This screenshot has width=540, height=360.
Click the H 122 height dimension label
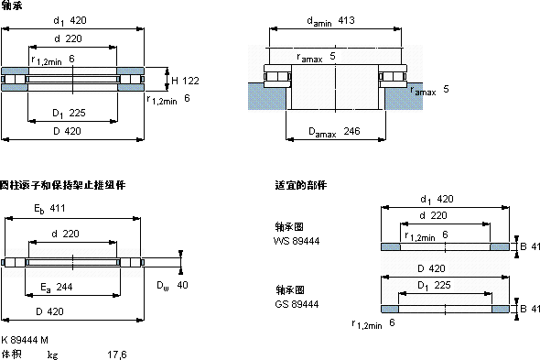(x=185, y=81)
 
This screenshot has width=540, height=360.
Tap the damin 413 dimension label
(x=330, y=21)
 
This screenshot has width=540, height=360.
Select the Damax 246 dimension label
(x=334, y=132)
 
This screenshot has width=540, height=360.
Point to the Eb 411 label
(x=49, y=209)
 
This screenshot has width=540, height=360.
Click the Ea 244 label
(x=57, y=288)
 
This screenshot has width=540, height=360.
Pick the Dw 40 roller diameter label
(x=172, y=286)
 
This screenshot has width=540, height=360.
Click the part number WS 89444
(x=297, y=241)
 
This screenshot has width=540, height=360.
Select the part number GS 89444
(x=297, y=304)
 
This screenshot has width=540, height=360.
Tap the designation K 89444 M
(x=25, y=340)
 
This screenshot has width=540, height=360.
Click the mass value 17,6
(x=117, y=355)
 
